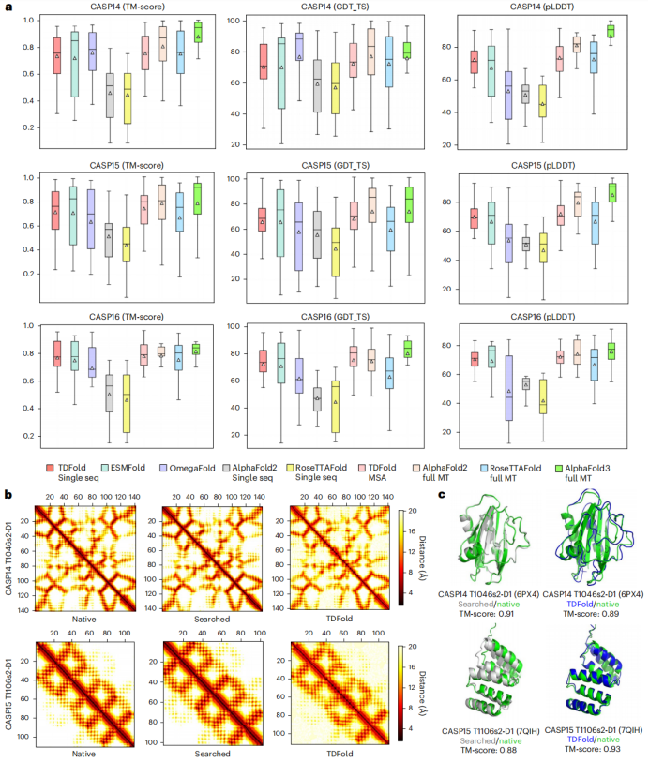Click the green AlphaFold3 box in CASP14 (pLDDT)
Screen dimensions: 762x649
tap(611, 31)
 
